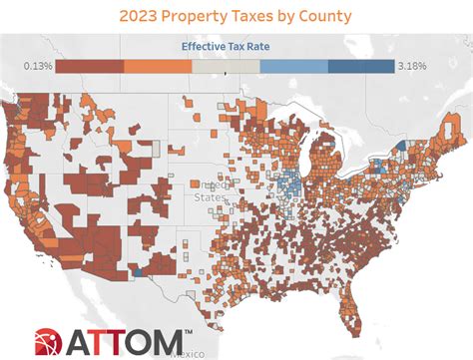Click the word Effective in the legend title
(x=207, y=47)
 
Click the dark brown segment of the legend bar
(x=90, y=66)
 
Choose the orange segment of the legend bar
(x=158, y=66)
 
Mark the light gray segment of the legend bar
(x=226, y=66)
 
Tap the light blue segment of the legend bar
(x=293, y=66)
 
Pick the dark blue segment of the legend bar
(x=360, y=66)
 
